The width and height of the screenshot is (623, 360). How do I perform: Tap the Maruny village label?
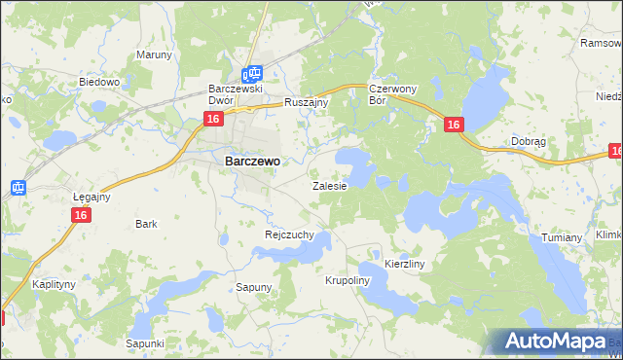click(154, 54)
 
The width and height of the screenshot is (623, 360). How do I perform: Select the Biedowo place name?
click(98, 82)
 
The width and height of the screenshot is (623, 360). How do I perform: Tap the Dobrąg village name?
click(528, 141)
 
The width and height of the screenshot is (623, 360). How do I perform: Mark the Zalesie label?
click(329, 185)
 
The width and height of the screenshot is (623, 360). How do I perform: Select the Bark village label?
click(146, 224)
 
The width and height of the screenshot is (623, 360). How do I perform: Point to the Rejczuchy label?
click(289, 234)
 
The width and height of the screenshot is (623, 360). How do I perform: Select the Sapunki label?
click(145, 343)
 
